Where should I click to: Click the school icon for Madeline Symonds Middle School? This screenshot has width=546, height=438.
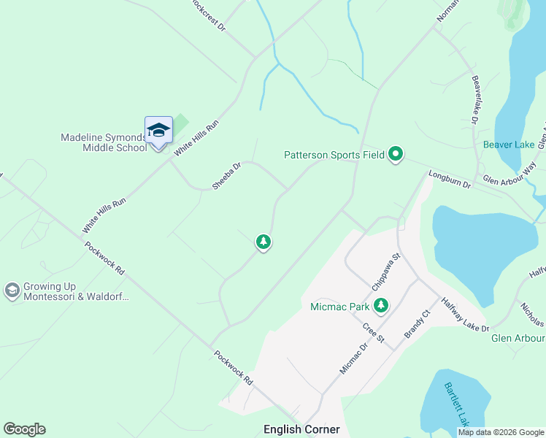coord(158,131)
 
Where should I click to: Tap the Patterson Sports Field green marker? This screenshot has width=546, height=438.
coord(396,154)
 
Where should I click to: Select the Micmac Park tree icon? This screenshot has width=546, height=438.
coord(380,306)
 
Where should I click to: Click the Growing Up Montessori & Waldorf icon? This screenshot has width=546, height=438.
coord(12,291)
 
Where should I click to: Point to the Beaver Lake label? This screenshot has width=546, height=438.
coord(509,145)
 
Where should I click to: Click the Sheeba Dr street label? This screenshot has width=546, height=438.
coord(226,177)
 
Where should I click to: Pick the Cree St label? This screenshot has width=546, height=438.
coord(373,330)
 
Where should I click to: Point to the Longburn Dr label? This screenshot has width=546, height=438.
coord(451,180)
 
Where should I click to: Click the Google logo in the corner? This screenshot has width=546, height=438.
coord(24,429)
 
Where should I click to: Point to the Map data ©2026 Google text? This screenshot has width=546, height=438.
coord(500,432)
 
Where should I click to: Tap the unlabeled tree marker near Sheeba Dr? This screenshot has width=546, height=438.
coord(264,242)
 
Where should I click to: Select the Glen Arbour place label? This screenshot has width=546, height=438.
coord(518,338)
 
